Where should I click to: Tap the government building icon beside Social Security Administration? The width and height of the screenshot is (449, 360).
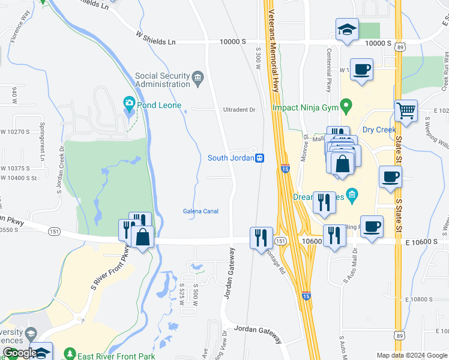pos(197,77)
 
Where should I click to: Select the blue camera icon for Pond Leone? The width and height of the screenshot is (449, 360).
pos(128,103)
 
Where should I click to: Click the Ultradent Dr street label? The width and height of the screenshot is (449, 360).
pos(240,110)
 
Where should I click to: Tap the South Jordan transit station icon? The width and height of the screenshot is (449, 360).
pos(260,158)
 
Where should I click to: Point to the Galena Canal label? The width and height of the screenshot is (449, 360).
pos(200,211)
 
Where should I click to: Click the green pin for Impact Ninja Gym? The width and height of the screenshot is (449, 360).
pos(346,107)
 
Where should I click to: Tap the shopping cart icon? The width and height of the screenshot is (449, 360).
pos(406,112)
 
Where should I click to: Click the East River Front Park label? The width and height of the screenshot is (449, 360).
pos(118,356)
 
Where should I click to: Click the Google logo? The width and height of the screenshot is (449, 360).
pos(20,353)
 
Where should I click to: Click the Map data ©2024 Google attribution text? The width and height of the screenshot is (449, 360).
pos(411,355)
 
